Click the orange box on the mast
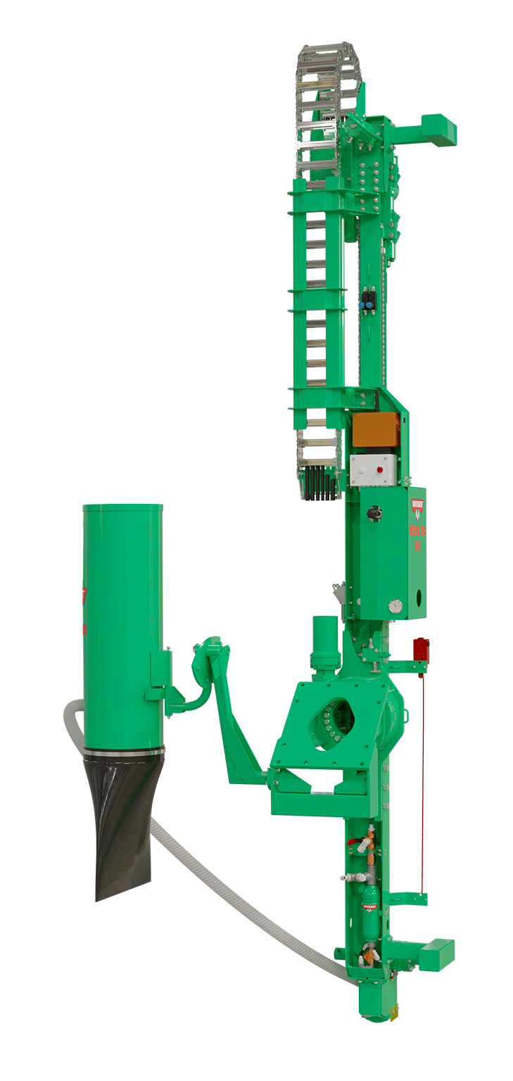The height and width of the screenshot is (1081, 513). click(x=376, y=429)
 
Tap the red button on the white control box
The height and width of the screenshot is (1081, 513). click(x=380, y=468)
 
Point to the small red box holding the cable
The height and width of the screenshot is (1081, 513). click(x=421, y=647)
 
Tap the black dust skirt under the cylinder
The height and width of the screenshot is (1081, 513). click(x=123, y=823)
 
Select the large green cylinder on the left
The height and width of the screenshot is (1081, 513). click(x=122, y=619)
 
